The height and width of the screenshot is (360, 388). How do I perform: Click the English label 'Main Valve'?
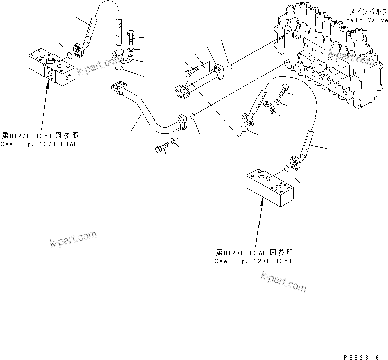pos(367,20)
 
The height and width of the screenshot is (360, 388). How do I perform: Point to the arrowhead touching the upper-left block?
pos(48,84)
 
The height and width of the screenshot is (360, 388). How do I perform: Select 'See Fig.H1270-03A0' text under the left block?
pos(40,144)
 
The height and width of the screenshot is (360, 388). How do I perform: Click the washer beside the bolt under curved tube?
pos(173,141)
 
